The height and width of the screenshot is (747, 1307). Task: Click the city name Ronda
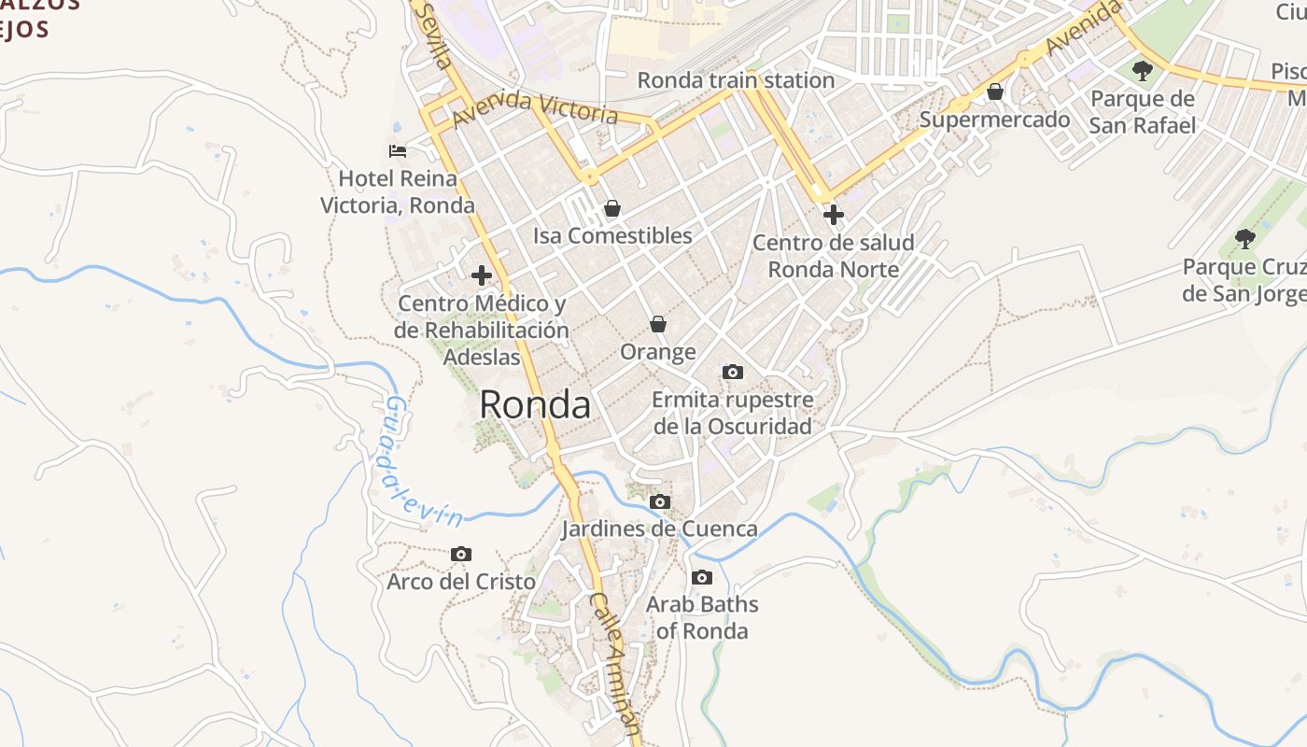tap(535, 405)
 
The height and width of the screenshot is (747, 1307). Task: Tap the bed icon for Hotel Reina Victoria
tap(398, 150)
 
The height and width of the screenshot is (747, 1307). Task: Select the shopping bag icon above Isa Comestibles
tap(612, 208)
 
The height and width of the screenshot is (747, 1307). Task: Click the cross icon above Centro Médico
tap(482, 275)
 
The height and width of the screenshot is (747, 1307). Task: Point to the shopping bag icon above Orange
tap(658, 324)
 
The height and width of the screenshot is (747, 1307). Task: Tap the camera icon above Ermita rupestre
tap(733, 373)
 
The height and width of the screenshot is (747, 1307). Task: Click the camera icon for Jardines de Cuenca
tap(660, 502)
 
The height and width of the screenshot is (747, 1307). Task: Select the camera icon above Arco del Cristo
tap(461, 555)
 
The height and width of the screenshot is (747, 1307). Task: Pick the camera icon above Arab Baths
tap(702, 578)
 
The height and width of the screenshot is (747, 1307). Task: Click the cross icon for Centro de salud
tap(833, 216)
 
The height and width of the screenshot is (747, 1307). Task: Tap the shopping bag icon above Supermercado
tap(995, 92)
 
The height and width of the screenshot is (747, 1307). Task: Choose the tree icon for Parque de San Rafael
tap(1142, 71)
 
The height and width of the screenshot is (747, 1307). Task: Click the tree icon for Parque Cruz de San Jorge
tap(1245, 239)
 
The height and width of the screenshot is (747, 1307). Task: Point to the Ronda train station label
tap(736, 80)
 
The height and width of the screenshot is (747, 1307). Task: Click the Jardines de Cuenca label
tap(659, 529)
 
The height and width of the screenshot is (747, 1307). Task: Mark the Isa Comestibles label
tap(612, 235)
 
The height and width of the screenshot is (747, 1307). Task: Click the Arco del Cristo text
tap(461, 582)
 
